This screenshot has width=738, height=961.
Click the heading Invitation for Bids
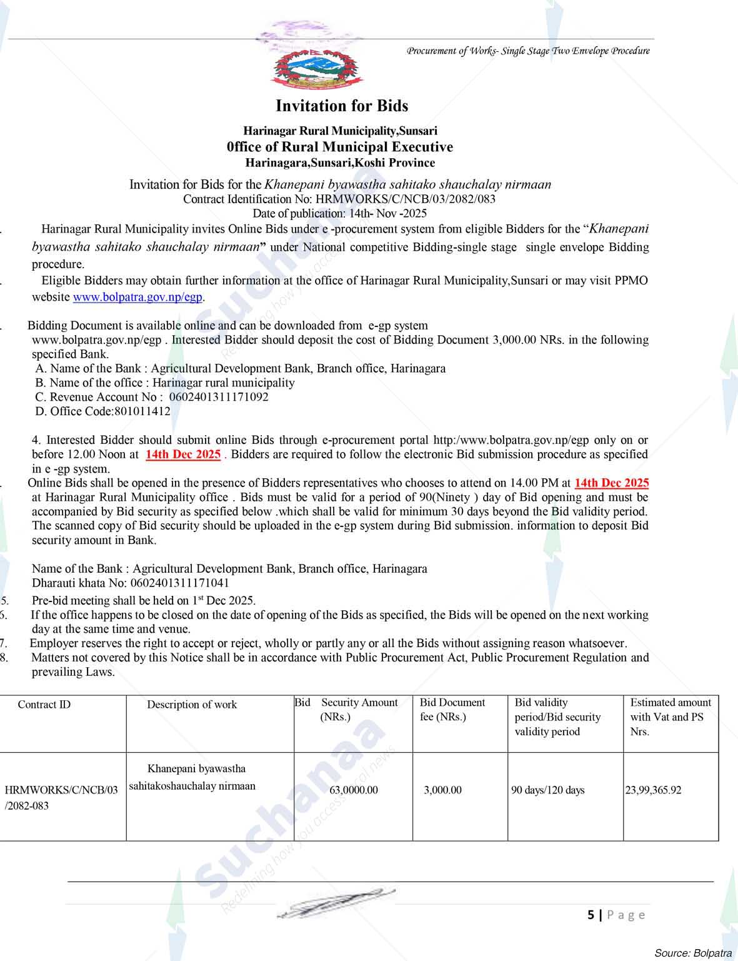tap(342, 106)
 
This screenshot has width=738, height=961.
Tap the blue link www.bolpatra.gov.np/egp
tap(137, 297)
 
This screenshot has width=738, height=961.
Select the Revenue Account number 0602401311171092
tap(219, 397)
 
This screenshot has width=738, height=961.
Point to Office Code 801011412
tap(142, 411)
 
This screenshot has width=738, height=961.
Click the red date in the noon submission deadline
tap(183, 455)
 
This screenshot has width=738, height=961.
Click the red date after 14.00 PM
tap(611, 483)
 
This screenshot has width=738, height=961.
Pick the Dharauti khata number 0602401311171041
tap(179, 583)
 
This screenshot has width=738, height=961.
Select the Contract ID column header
tap(44, 705)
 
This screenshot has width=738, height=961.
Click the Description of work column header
tap(192, 705)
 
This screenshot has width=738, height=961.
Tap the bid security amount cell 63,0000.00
tap(353, 790)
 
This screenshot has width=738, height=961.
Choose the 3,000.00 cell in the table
tap(442, 790)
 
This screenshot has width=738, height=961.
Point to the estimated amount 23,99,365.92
tap(653, 790)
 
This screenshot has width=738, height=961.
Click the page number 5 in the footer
tap(591, 915)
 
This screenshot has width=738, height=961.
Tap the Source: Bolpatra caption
tap(692, 953)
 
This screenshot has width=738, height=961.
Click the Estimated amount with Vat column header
tap(671, 717)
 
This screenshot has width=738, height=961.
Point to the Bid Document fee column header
tap(452, 710)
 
